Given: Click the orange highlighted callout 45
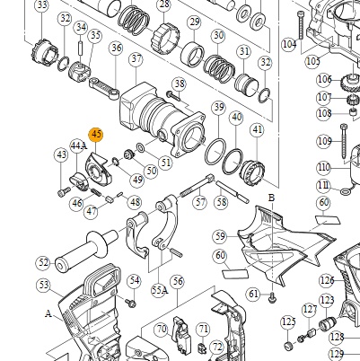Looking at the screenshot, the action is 96,135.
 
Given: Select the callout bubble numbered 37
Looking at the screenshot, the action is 136,59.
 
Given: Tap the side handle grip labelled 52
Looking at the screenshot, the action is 87,251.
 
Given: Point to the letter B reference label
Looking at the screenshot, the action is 271,198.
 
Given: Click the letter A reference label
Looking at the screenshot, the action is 48,313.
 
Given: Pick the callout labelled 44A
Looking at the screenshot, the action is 79,145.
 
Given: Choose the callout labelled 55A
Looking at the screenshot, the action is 159,290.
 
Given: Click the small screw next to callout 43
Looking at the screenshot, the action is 64,191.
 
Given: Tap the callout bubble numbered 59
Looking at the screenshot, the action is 220,236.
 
